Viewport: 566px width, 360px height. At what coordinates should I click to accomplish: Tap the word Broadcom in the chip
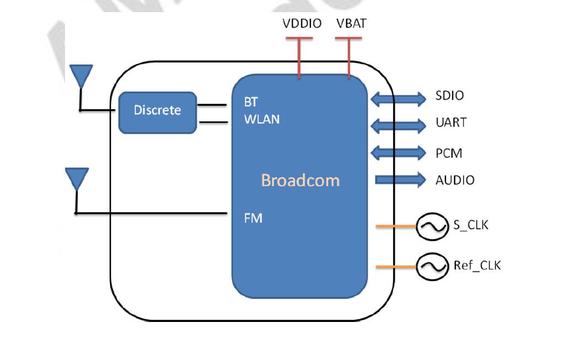[x=300, y=180]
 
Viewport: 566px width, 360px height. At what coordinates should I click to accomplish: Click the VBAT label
[x=351, y=24]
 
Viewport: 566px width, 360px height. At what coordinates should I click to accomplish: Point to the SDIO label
[x=449, y=96]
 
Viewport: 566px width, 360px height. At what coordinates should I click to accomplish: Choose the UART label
[x=451, y=122]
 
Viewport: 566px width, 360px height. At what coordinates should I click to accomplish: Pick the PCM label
[x=449, y=153]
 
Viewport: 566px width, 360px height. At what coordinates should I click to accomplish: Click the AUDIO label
[x=455, y=180]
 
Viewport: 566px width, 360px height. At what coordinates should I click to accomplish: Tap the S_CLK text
[x=471, y=225]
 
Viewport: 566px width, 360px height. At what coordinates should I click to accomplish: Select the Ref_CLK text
[x=477, y=266]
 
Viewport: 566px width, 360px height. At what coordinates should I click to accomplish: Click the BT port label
[x=251, y=103]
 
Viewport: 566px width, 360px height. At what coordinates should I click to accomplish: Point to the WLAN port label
[x=262, y=119]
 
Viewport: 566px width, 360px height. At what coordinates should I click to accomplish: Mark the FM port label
[x=253, y=218]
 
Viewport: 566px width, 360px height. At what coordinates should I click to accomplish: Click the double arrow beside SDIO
[x=398, y=99]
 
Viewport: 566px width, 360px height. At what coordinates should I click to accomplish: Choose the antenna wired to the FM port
[x=77, y=180]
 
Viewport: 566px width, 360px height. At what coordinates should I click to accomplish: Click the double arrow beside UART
[x=398, y=125]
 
